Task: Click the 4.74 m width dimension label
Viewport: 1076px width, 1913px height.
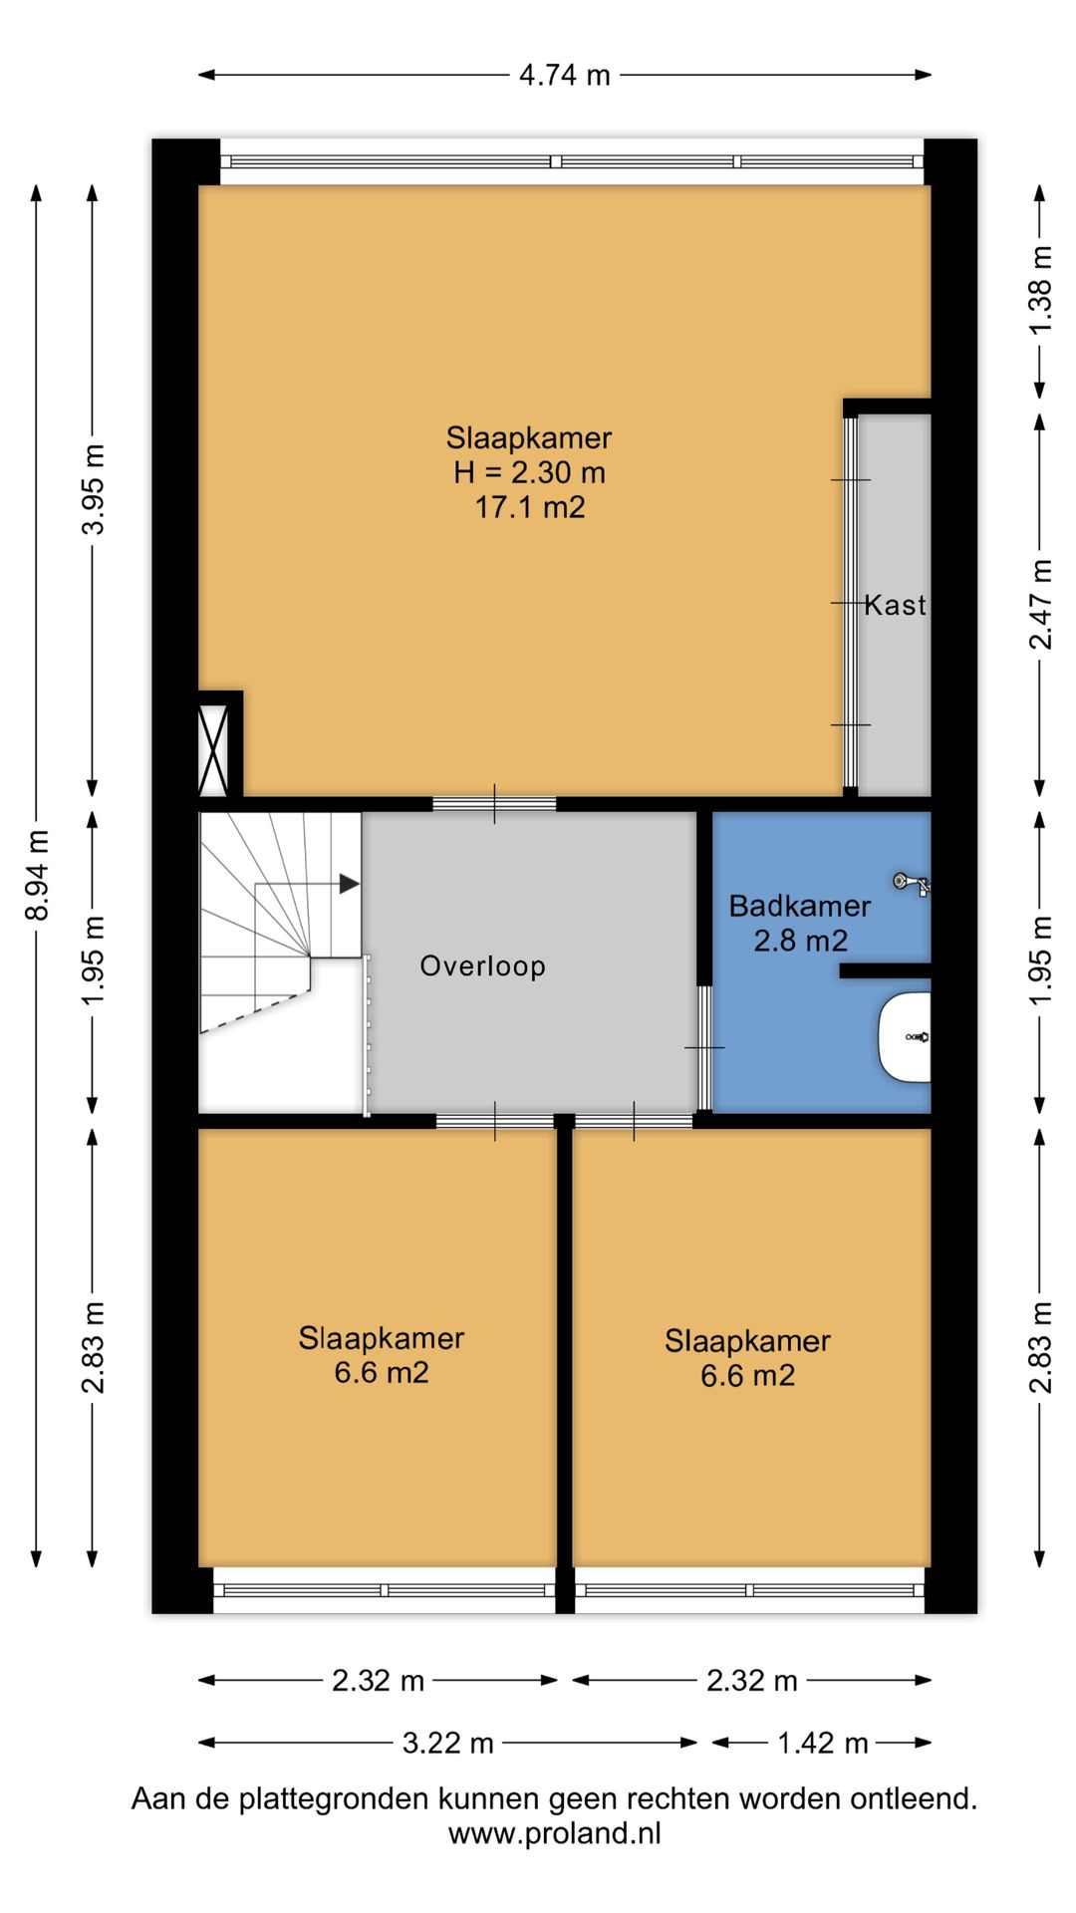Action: (564, 75)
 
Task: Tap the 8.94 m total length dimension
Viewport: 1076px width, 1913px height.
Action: (38, 876)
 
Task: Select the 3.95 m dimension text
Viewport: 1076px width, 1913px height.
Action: (94, 489)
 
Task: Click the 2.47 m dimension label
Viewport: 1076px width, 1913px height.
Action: (1040, 605)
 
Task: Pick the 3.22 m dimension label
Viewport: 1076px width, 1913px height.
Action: (447, 1743)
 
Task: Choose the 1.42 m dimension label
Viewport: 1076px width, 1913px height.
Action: (822, 1743)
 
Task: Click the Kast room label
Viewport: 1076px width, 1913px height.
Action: (895, 605)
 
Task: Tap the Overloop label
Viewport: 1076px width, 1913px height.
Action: (482, 966)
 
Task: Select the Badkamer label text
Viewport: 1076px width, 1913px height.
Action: (799, 906)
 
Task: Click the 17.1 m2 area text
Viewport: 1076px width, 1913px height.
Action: (529, 507)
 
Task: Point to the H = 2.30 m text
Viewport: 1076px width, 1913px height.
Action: (529, 472)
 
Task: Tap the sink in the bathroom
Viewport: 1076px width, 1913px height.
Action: (905, 1037)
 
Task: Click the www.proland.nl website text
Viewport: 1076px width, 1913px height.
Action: (554, 1833)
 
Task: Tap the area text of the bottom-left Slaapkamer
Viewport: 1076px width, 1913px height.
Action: (382, 1373)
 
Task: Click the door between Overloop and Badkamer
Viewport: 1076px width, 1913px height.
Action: (704, 1047)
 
